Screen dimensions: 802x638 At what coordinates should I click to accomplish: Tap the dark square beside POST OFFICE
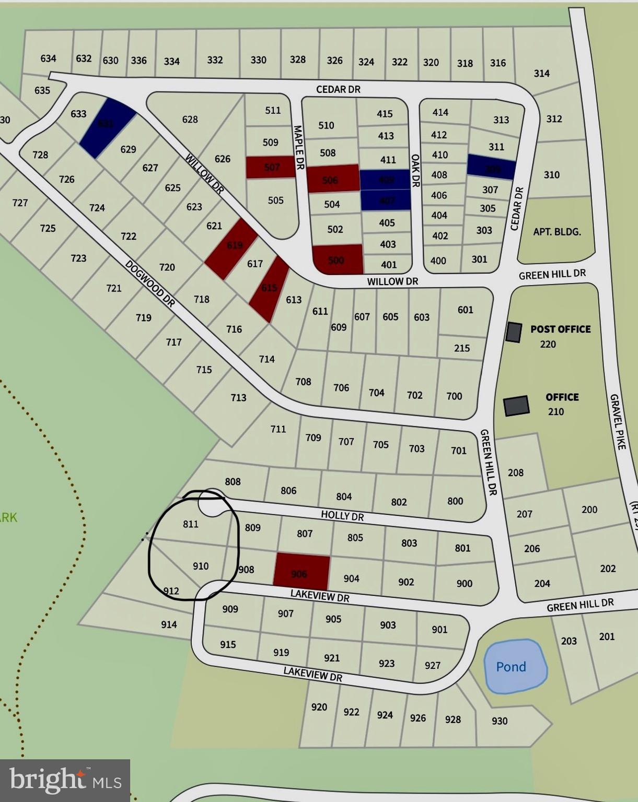click(513, 332)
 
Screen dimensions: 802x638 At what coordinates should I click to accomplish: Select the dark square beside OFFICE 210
click(516, 406)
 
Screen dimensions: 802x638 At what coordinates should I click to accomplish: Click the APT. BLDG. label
click(556, 231)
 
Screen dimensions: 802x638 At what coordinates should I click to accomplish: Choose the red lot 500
click(338, 259)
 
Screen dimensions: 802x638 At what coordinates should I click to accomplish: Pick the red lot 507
click(271, 167)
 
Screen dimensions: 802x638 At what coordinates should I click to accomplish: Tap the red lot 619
click(231, 249)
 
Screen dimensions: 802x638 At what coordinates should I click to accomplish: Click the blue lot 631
click(108, 127)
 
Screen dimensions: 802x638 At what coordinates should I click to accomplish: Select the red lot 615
click(269, 289)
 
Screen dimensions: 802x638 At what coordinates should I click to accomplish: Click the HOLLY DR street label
click(342, 515)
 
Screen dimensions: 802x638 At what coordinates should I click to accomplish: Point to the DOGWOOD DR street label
click(150, 283)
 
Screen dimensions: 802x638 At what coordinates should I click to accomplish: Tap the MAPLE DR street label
click(299, 147)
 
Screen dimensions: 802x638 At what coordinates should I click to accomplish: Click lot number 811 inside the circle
click(191, 524)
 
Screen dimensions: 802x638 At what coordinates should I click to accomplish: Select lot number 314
click(541, 74)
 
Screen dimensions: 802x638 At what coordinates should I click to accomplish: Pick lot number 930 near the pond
click(499, 721)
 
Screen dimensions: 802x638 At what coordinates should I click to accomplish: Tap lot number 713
click(238, 397)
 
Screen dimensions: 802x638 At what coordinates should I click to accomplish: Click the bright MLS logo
click(65, 780)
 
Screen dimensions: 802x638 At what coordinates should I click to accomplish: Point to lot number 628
click(190, 119)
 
